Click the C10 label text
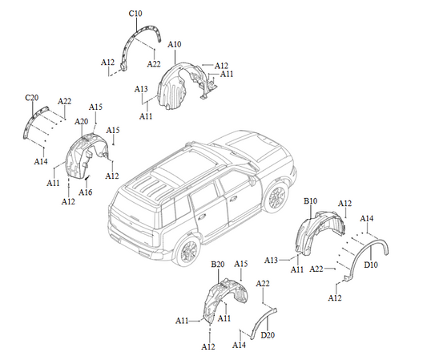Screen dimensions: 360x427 point(135,14)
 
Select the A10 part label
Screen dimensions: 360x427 point(175,44)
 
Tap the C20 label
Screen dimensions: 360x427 point(32,97)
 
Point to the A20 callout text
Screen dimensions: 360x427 point(81,121)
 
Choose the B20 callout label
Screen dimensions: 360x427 point(217,264)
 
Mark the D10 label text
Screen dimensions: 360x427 point(371,265)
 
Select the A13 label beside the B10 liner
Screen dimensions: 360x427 point(272,261)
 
